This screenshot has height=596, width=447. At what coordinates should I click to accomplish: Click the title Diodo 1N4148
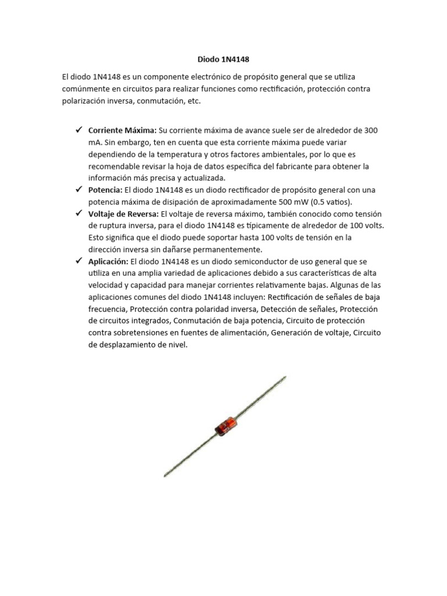[223, 59]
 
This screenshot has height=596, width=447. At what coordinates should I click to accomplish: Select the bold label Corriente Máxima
[122, 130]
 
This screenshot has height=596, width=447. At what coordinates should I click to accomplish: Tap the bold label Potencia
[105, 190]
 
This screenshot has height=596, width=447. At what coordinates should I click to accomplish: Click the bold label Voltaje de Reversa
[123, 214]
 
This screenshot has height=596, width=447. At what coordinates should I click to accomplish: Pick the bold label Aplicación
[108, 261]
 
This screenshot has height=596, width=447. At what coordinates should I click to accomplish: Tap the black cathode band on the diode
[218, 431]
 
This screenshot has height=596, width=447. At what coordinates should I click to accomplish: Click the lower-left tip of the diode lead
[165, 476]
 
